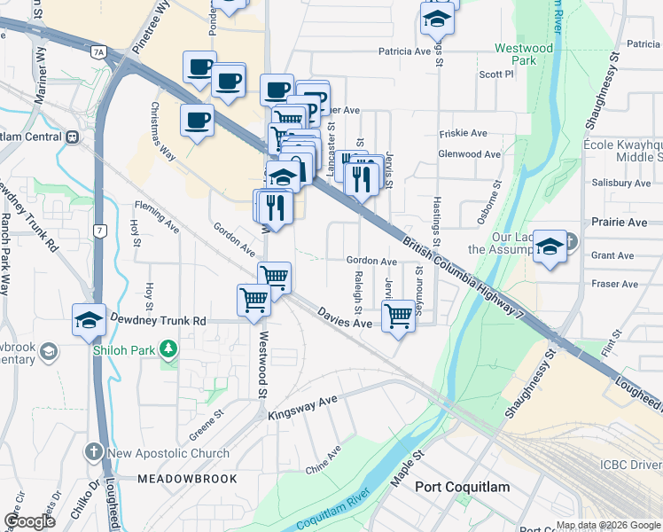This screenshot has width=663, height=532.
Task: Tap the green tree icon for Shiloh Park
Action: click(166, 350)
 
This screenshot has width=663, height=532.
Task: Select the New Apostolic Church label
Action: click(168, 453)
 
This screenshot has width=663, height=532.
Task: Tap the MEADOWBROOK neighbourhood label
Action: click(187, 479)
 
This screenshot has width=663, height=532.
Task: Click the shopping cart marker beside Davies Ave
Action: click(398, 315)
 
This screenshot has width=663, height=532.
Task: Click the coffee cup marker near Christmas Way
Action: click(196, 120)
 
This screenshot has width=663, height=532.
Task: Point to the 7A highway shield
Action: click(97, 52)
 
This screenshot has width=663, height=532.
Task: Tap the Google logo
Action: click(29, 521)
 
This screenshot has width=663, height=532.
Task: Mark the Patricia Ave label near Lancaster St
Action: click(404, 51)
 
